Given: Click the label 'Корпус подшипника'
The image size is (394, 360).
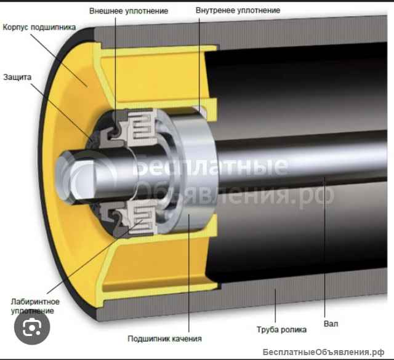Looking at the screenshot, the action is [x=39, y=27].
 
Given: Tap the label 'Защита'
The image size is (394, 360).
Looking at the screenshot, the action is [x=17, y=77].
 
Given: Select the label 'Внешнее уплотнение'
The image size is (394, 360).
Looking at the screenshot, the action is [x=129, y=11].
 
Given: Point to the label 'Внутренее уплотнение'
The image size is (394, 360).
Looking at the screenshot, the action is [x=238, y=10].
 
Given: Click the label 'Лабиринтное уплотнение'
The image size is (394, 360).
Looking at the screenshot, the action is [x=35, y=306].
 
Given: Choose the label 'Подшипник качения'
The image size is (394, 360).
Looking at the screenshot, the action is [x=164, y=338].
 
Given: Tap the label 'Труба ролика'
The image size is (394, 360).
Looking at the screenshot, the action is [x=281, y=329].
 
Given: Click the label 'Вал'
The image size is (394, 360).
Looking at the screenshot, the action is [x=331, y=324].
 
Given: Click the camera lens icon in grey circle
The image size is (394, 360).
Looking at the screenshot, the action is [x=32, y=327].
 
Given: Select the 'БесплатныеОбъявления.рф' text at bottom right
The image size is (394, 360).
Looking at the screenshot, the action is [x=323, y=352].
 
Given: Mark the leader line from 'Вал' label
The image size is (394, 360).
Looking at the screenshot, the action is [x=324, y=247].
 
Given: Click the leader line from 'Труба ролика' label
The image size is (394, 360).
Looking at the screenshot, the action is [x=275, y=306].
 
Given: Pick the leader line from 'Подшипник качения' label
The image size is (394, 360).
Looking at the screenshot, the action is [x=189, y=273].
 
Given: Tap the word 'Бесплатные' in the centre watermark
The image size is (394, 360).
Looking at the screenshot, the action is [x=211, y=166].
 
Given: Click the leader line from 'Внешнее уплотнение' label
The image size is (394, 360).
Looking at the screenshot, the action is [x=116, y=73].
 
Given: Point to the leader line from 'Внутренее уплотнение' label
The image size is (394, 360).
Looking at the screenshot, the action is [x=199, y=65].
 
